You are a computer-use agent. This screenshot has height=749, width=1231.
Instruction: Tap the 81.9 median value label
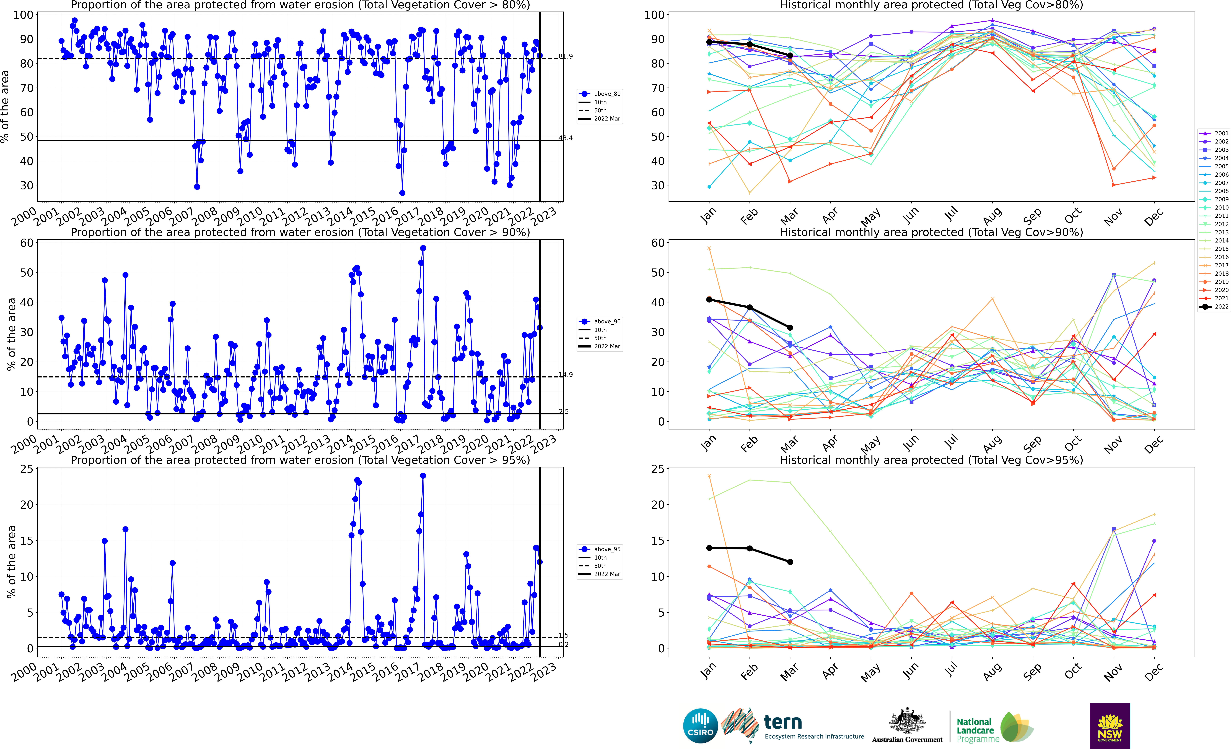tap(566, 56)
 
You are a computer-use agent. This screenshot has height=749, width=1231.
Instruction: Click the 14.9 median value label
tap(566, 374)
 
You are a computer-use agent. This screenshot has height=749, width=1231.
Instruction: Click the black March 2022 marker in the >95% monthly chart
tap(790, 562)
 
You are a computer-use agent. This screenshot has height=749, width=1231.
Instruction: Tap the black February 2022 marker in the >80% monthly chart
tap(749, 44)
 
